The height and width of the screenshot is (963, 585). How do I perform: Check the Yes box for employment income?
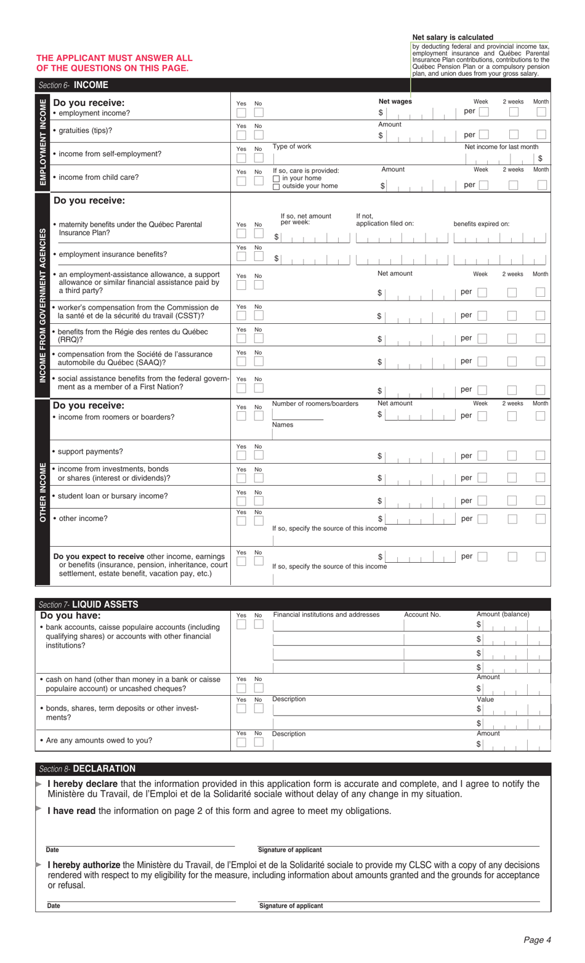pyautogui.click(x=241, y=113)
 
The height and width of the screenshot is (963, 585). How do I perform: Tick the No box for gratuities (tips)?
pyautogui.click(x=259, y=135)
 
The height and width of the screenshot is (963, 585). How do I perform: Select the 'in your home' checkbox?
pyautogui.click(x=276, y=179)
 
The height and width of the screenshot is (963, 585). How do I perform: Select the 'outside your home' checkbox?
pyautogui.click(x=276, y=187)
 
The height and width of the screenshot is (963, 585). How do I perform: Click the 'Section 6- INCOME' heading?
pyautogui.click(x=73, y=86)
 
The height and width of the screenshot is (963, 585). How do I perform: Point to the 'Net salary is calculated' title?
pyautogui.click(x=453, y=38)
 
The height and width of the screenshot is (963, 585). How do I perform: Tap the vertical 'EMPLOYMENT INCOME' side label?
pyautogui.click(x=42, y=142)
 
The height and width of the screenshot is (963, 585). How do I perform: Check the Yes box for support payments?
pyautogui.click(x=241, y=456)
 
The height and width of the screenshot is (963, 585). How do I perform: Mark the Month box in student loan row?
pyautogui.click(x=540, y=501)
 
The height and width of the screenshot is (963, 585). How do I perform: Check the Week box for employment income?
pyautogui.click(x=484, y=112)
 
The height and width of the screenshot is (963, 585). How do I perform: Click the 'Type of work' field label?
pyautogui.click(x=292, y=147)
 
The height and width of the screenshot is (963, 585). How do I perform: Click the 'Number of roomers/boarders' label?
pyautogui.click(x=315, y=404)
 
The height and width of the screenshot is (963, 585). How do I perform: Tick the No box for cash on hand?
pyautogui.click(x=259, y=688)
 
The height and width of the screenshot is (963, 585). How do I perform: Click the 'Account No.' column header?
pyautogui.click(x=422, y=614)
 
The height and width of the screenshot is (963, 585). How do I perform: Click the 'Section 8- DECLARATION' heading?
pyautogui.click(x=87, y=768)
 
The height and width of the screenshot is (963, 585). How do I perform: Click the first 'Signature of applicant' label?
pyautogui.click(x=290, y=850)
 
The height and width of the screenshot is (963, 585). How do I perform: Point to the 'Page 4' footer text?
pyautogui.click(x=537, y=940)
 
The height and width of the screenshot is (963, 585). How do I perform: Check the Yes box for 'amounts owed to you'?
pyautogui.click(x=241, y=742)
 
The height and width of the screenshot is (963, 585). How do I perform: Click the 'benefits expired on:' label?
pyautogui.click(x=482, y=224)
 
